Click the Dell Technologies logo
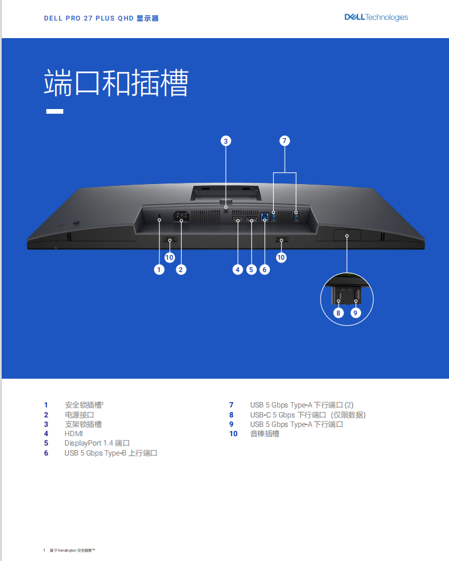[x=376, y=18]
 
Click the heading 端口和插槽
[x=116, y=83]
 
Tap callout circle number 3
[x=226, y=141]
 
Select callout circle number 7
[x=284, y=141]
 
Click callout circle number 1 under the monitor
[x=159, y=270]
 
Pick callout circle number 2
[x=181, y=270]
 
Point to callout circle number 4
[x=237, y=270]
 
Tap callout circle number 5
[x=251, y=270]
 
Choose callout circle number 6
[x=265, y=270]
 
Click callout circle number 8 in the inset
[x=338, y=313]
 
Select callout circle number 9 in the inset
[x=356, y=313]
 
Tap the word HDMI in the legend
[x=74, y=434]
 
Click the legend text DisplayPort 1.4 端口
[x=97, y=443]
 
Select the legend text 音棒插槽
[x=264, y=434]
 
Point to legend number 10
[x=233, y=434]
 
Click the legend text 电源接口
[x=79, y=414]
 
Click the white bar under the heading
[x=55, y=111]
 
